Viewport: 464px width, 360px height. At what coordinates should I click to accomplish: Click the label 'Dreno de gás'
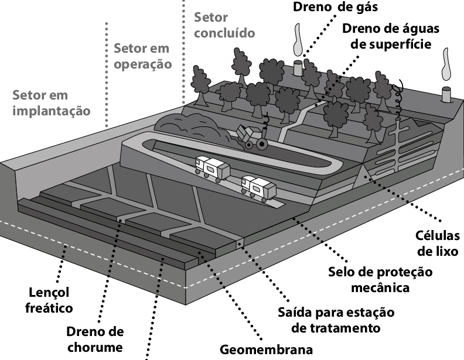click(335, 7)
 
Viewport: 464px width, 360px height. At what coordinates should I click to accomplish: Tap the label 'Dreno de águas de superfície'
click(391, 36)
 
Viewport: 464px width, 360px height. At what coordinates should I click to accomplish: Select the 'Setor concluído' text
click(224, 25)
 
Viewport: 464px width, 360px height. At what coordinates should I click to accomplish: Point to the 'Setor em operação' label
click(142, 56)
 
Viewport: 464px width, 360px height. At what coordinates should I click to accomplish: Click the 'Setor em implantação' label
click(51, 103)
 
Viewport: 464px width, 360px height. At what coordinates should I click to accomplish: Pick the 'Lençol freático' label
click(49, 300)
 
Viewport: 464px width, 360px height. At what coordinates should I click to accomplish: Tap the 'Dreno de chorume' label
click(95, 339)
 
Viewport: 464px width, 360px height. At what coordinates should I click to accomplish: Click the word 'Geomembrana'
click(267, 349)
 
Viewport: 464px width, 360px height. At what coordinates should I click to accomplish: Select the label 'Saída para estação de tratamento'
click(336, 320)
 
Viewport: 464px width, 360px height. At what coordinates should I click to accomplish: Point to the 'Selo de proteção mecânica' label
click(380, 280)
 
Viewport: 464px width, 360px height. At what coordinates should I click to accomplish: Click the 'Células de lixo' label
click(438, 244)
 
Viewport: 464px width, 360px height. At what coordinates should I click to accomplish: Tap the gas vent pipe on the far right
click(446, 95)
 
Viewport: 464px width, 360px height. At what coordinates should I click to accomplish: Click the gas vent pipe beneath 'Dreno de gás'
click(298, 68)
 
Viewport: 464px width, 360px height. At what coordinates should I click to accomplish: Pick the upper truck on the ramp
click(212, 168)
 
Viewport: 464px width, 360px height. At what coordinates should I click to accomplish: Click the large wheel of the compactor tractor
click(262, 144)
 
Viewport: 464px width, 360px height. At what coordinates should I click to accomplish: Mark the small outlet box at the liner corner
click(240, 244)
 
